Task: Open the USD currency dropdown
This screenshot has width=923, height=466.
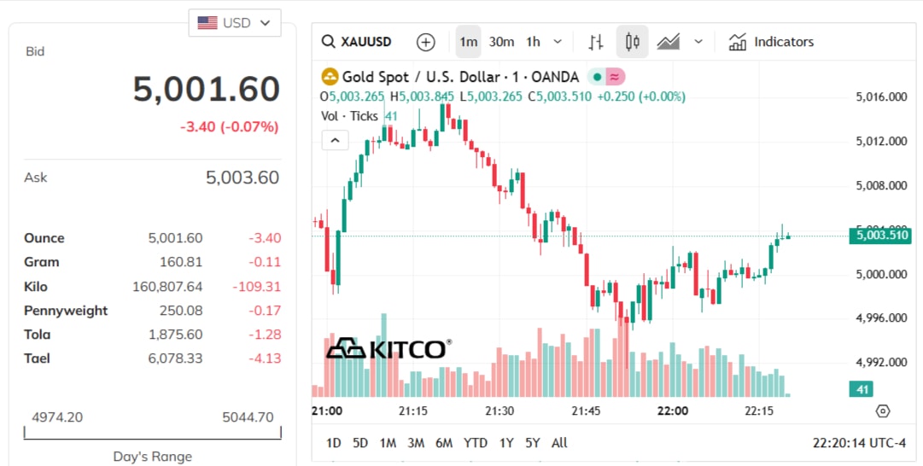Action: pyautogui.click(x=235, y=23)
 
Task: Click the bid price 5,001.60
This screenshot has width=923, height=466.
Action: pyautogui.click(x=207, y=90)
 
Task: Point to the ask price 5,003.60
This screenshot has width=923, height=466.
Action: pyautogui.click(x=242, y=178)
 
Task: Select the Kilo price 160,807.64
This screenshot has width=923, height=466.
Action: pyautogui.click(x=167, y=287)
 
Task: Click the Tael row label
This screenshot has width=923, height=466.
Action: pyautogui.click(x=37, y=358)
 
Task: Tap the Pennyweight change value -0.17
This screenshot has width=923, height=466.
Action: pyautogui.click(x=265, y=311)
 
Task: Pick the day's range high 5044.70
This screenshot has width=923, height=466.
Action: pyautogui.click(x=248, y=417)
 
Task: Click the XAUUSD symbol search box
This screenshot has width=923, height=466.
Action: pyautogui.click(x=357, y=42)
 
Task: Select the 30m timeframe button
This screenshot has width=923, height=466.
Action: pyautogui.click(x=501, y=42)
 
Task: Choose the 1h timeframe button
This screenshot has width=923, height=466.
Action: pyautogui.click(x=534, y=42)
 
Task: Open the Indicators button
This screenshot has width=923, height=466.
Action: pyautogui.click(x=771, y=42)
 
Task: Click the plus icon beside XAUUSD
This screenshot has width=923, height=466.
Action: pyautogui.click(x=425, y=42)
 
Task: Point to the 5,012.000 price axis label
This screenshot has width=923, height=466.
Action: pyautogui.click(x=881, y=141)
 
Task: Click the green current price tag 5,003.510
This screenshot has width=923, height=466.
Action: pyautogui.click(x=879, y=236)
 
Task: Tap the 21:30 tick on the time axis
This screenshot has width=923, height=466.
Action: pyautogui.click(x=499, y=411)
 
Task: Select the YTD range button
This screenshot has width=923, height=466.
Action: pyautogui.click(x=475, y=443)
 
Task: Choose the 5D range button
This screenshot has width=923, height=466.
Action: pyautogui.click(x=360, y=443)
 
